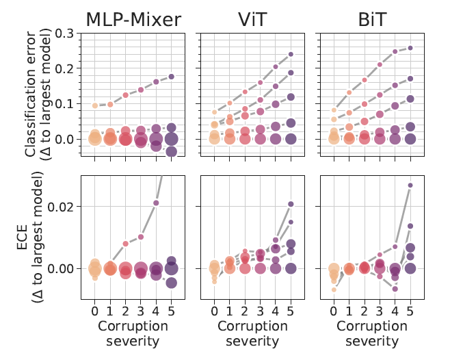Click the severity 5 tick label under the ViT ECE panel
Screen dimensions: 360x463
(291, 311)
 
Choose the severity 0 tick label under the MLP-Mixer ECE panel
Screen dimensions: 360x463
(96, 311)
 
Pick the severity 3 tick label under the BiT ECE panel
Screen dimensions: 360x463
(380, 311)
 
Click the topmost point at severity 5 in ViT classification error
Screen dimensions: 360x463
(291, 54)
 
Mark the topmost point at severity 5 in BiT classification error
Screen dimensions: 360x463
(410, 48)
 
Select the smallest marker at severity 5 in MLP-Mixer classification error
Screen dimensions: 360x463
(172, 77)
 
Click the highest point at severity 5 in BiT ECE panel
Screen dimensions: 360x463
(410, 185)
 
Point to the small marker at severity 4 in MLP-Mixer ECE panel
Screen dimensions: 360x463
(156, 203)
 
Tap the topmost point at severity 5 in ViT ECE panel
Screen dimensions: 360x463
(291, 204)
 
